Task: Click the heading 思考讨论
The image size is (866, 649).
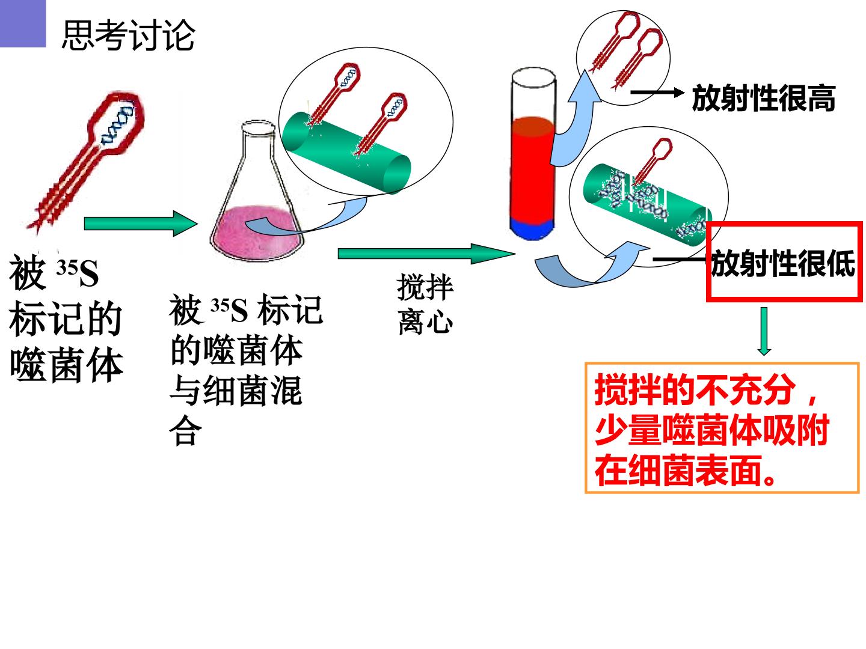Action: [x=128, y=35]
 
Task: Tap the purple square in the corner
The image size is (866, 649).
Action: [x=23, y=23]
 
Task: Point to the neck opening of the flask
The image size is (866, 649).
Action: [x=259, y=127]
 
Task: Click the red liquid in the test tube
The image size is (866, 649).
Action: [x=532, y=168]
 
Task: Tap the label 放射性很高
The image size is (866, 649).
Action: [x=763, y=98]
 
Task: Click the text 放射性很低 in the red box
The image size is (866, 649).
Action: [x=783, y=263]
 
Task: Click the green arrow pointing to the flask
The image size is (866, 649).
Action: [x=141, y=224]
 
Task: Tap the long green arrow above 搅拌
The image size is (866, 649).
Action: [x=426, y=254]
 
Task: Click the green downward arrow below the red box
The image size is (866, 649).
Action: [x=764, y=331]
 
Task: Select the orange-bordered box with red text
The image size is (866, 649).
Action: [x=722, y=427]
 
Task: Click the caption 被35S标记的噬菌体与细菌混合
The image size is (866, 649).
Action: [x=245, y=369]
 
